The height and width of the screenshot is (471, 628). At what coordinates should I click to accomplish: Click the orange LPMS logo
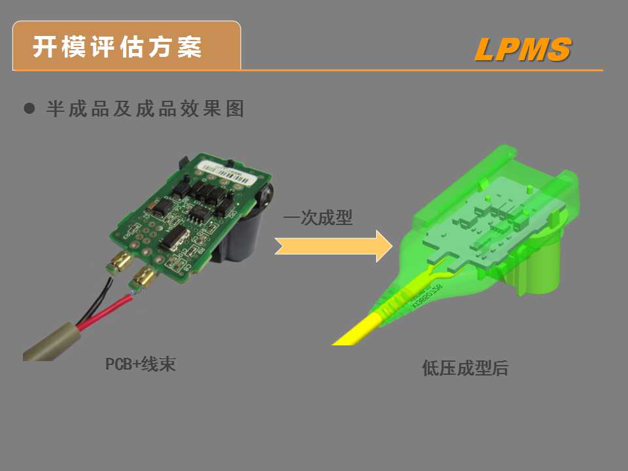[x=523, y=50]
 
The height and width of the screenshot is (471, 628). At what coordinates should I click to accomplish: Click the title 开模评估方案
[x=118, y=47]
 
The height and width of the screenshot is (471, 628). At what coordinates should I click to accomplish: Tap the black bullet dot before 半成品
[x=29, y=109]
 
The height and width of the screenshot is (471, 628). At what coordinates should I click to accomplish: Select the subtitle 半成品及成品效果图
[x=145, y=109]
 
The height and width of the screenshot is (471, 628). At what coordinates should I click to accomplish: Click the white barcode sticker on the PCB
[x=226, y=169]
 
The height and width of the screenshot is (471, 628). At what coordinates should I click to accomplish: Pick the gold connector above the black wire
[x=120, y=262]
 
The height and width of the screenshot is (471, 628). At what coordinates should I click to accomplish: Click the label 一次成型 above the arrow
[x=318, y=218]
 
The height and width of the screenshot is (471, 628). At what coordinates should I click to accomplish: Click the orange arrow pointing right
[x=334, y=245]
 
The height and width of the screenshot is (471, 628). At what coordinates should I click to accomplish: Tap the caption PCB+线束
[x=141, y=364]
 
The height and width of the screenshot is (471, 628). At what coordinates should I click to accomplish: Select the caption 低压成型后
[x=465, y=368]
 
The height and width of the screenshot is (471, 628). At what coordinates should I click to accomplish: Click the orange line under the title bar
[x=419, y=69]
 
